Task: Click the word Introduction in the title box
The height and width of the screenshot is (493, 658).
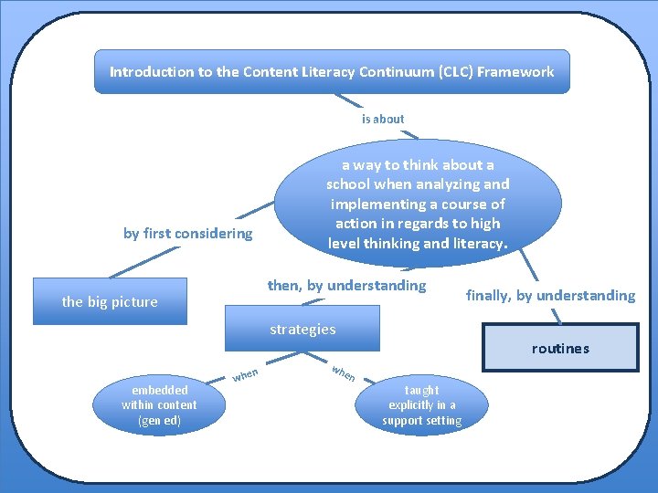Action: pos(150,71)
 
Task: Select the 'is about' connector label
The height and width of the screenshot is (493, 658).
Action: pos(383,119)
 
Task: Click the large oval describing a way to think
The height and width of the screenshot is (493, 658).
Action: pos(418,204)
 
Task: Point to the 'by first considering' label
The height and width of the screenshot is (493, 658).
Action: pos(187,234)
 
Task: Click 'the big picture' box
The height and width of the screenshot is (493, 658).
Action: pos(110,302)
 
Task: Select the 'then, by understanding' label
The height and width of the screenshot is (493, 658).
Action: pos(346,286)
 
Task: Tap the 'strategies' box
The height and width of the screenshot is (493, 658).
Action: pos(302,330)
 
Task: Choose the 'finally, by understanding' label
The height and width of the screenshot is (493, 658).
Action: pos(550,295)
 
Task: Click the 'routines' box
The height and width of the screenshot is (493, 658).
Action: pos(560,348)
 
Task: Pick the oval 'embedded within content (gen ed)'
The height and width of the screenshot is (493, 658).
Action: pos(159,404)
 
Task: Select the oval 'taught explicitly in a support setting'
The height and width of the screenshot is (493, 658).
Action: pos(422,404)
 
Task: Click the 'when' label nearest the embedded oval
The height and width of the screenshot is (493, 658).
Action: pos(245,374)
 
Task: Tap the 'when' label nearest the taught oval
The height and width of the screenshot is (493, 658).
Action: pos(344,373)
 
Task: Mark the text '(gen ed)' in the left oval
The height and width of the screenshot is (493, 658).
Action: pos(159,420)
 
